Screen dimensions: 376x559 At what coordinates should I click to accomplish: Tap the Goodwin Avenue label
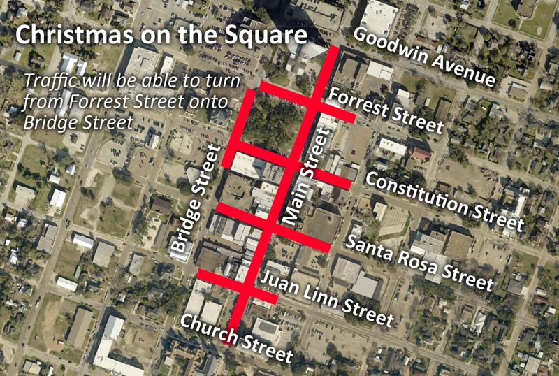425,57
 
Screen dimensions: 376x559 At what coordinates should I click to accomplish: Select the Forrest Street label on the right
386,110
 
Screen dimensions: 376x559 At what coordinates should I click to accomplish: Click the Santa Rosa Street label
419,262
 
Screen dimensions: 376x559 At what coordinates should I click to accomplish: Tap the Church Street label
236,338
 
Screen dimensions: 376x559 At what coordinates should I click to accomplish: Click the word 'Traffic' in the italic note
49,79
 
